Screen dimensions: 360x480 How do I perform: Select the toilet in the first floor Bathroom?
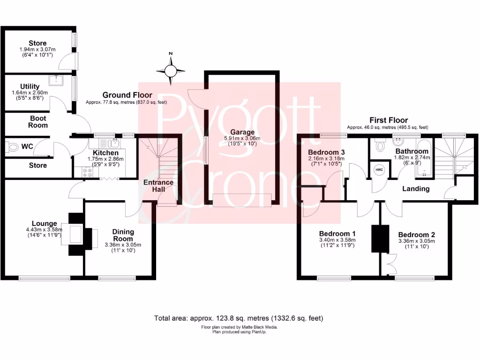click(x=380, y=147)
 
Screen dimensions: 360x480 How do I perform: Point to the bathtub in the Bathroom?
click(x=424, y=159)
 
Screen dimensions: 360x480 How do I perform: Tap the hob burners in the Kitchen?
click(x=87, y=172)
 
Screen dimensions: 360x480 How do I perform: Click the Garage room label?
click(x=242, y=132)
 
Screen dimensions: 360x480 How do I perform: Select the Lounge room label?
click(x=45, y=224)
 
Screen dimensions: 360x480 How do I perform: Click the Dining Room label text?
click(x=123, y=235)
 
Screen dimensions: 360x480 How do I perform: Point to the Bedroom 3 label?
click(x=327, y=152)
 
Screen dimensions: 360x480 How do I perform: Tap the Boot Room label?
click(x=38, y=122)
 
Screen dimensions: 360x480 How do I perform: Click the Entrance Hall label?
click(x=158, y=186)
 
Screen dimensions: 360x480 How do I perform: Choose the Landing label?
click(x=416, y=189)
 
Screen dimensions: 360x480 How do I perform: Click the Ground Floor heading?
click(x=127, y=95)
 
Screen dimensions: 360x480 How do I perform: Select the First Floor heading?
click(x=389, y=120)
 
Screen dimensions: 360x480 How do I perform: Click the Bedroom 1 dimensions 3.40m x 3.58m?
click(x=337, y=240)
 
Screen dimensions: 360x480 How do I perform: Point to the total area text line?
click(x=239, y=318)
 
